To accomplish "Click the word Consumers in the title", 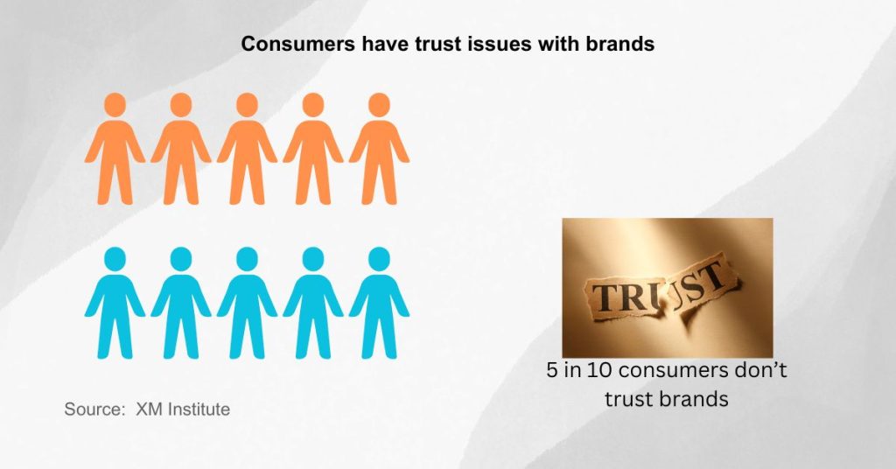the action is point(298,44).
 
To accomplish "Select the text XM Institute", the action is point(183,409).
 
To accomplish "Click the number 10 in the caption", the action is point(598,370).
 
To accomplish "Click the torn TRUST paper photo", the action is point(668,288).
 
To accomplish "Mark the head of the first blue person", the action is point(115,259).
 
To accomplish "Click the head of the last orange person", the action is point(379,104).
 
